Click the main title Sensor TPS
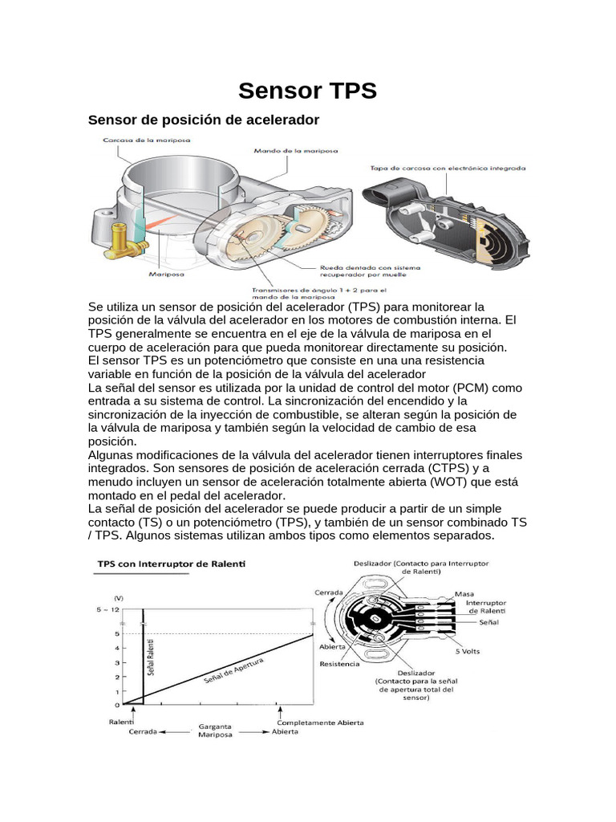pyautogui.click(x=308, y=90)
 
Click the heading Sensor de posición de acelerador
pyautogui.click(x=203, y=120)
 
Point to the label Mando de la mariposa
pyautogui.click(x=285, y=150)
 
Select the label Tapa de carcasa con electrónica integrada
pyautogui.click(x=448, y=169)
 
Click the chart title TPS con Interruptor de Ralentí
pyautogui.click(x=172, y=564)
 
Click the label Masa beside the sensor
pyautogui.click(x=464, y=594)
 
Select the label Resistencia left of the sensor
pyautogui.click(x=339, y=664)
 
